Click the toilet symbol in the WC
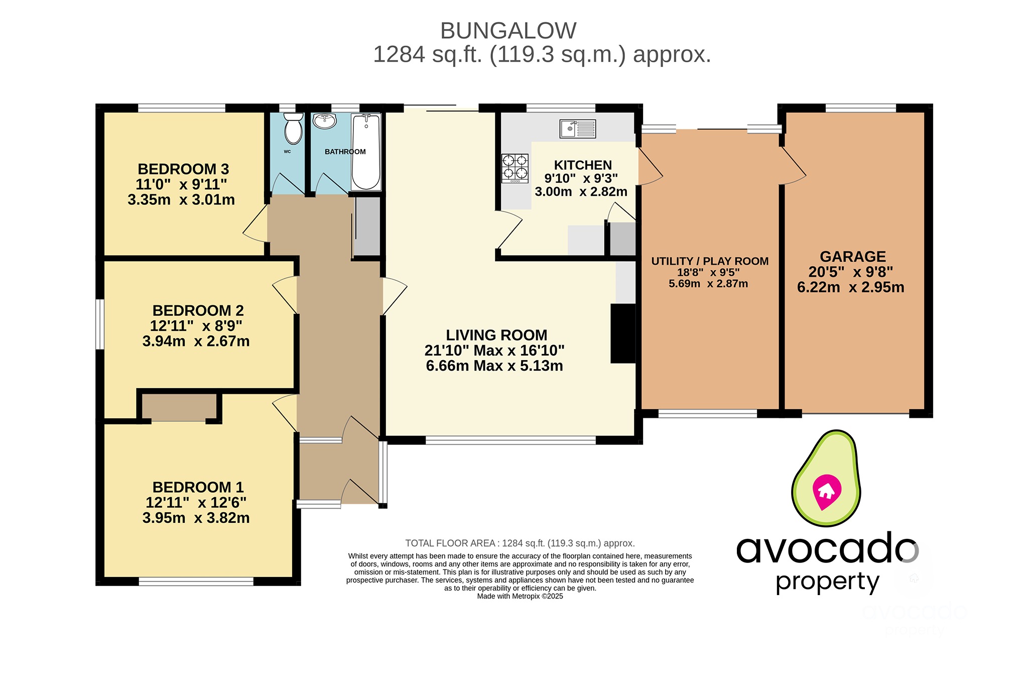pyautogui.click(x=294, y=129)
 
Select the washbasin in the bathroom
pyautogui.click(x=324, y=121)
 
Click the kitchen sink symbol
pyautogui.click(x=578, y=129)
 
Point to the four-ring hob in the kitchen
pyautogui.click(x=515, y=168)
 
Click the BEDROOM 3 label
pyautogui.click(x=183, y=169)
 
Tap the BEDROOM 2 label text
pyautogui.click(x=198, y=310)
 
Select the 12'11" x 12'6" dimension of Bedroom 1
pyautogui.click(x=196, y=502)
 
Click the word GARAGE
pyautogui.click(x=852, y=257)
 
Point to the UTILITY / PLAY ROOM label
pyautogui.click(x=709, y=261)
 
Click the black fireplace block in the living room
pyautogui.click(x=623, y=333)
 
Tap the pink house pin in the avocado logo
pyautogui.click(x=826, y=491)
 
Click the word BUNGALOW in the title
pyautogui.click(x=508, y=31)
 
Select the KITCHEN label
pyautogui.click(x=583, y=165)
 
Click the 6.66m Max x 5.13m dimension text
pyautogui.click(x=494, y=366)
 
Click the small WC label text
pyautogui.click(x=287, y=152)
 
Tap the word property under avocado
pyautogui.click(x=827, y=582)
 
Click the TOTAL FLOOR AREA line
pyautogui.click(x=520, y=543)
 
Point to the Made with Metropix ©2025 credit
pyautogui.click(x=520, y=596)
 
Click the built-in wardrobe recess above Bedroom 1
pyautogui.click(x=179, y=407)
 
